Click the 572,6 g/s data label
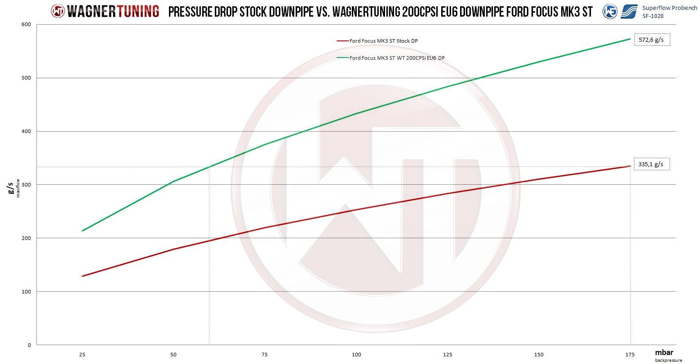[x=651, y=40]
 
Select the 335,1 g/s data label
[x=651, y=164]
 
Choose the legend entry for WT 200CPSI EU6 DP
[x=397, y=58]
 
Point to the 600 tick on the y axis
[x=27, y=25]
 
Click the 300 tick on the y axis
[x=27, y=185]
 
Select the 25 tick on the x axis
[x=82, y=355]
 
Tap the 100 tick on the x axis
[x=356, y=355]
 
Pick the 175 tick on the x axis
[x=630, y=355]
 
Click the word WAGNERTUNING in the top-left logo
[x=113, y=11]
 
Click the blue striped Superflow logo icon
[x=629, y=12]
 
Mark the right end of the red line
[x=630, y=166]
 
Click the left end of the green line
[x=82, y=231]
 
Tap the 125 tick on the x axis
[x=448, y=355]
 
